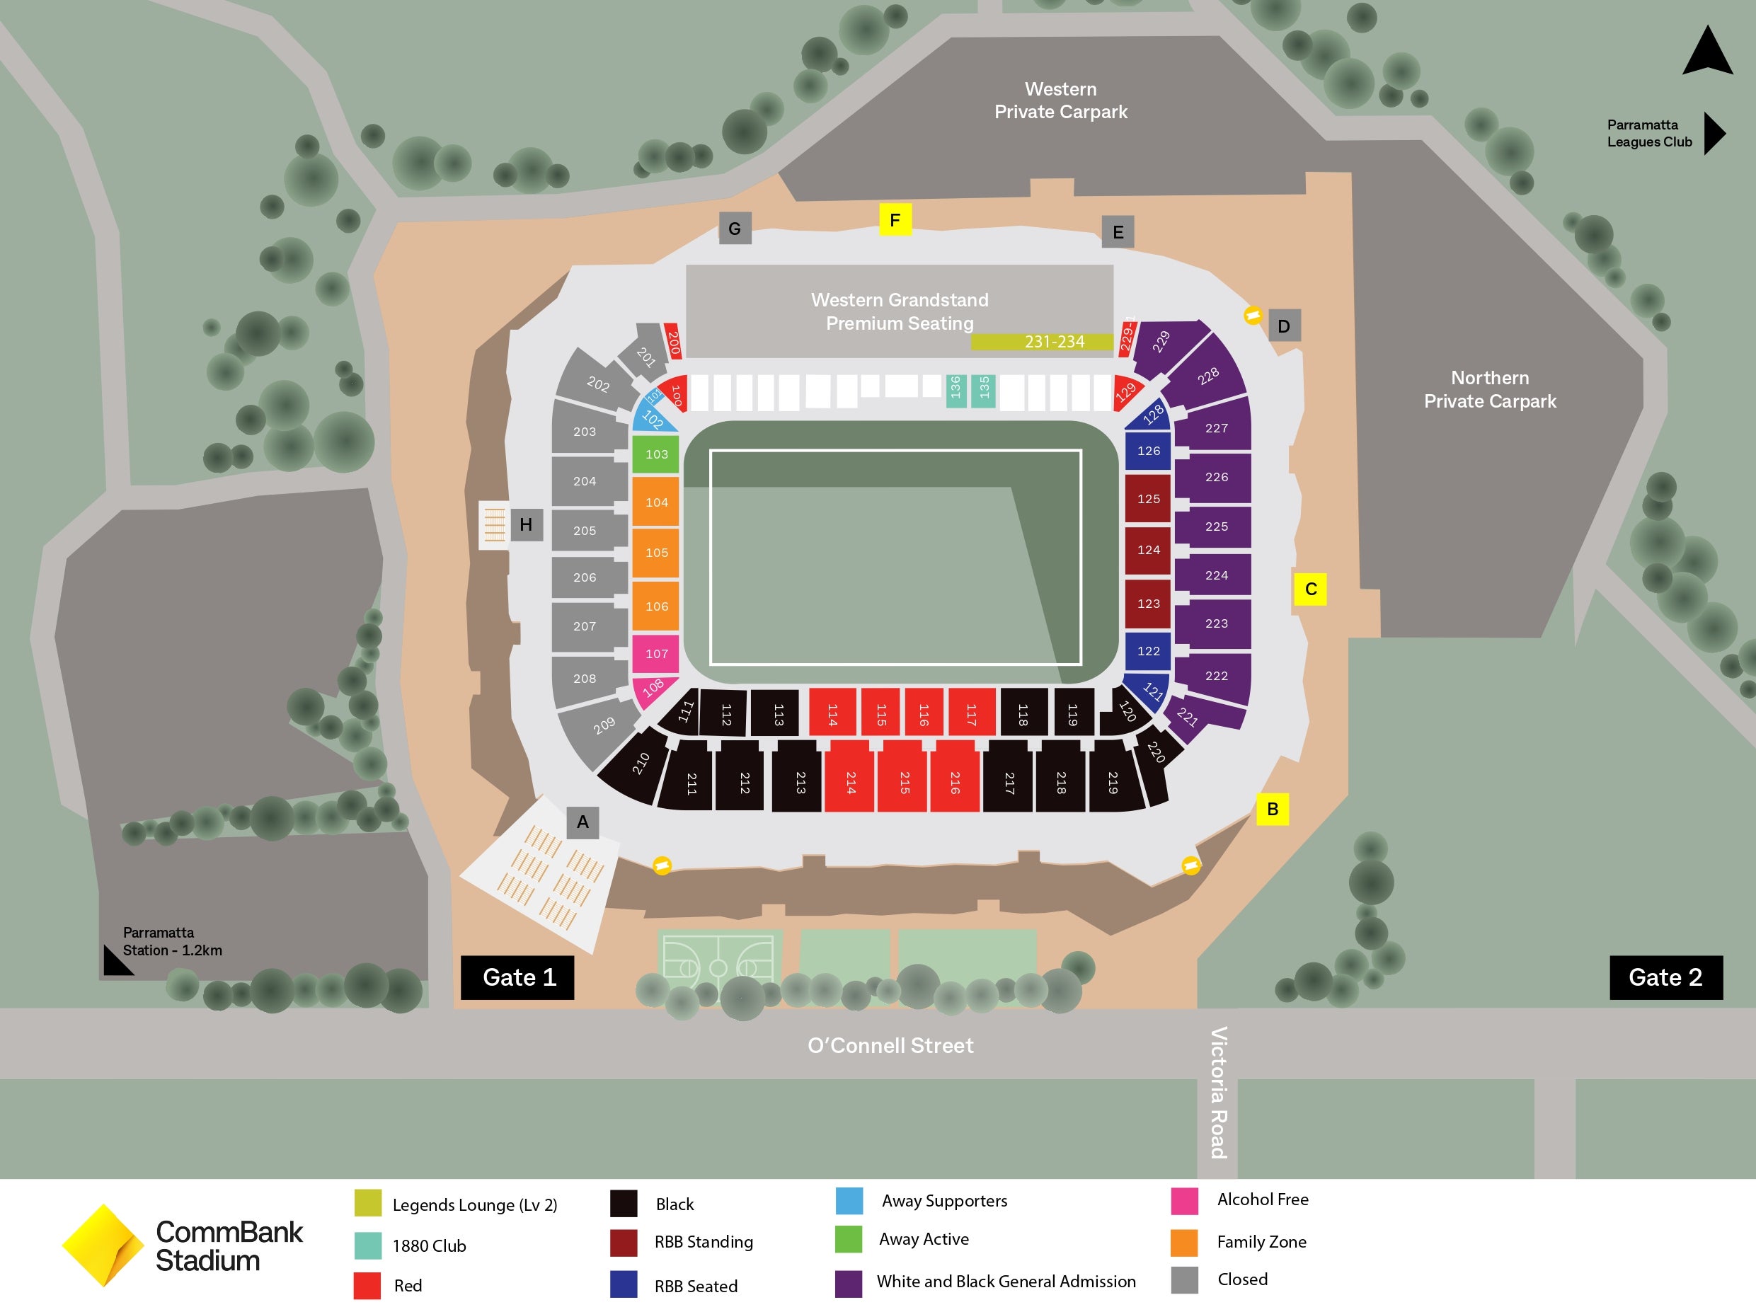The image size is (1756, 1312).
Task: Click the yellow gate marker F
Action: coord(895,220)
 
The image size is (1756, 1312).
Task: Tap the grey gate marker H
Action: coord(526,524)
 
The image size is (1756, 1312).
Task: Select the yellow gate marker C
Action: coord(1310,589)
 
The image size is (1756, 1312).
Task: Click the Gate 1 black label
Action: coord(517,977)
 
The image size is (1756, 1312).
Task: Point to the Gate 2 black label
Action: coord(1665,977)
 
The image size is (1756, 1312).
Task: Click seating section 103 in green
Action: coord(655,454)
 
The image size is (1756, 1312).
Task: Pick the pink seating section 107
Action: coord(655,654)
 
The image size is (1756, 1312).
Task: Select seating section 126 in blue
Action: coord(1148,451)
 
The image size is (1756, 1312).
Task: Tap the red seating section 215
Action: coord(903,782)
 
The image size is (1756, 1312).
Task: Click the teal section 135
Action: coord(984,390)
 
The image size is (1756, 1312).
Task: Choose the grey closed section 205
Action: coord(585,530)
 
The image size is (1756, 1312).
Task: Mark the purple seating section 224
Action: coord(1215,575)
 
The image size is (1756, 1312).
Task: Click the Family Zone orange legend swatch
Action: coord(1183,1242)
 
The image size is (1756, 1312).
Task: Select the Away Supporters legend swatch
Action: coord(849,1200)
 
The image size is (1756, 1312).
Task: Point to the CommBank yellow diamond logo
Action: coord(103,1245)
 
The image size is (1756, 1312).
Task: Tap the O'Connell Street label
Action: coord(890,1045)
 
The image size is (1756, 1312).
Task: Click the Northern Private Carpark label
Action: coord(1489,390)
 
